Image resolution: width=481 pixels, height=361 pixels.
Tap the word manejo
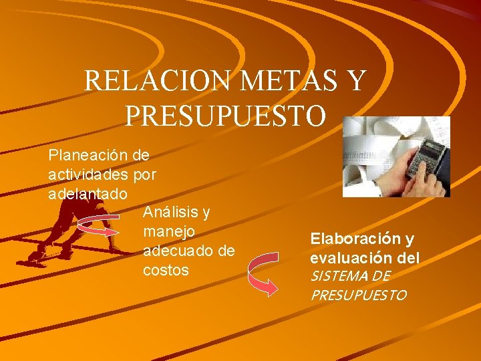(169, 232)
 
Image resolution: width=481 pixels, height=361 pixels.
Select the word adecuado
(174, 251)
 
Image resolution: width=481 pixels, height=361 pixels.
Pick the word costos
(166, 271)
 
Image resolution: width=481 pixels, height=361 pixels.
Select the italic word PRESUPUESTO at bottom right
(358, 295)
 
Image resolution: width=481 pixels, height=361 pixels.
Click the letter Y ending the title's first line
(357, 82)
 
